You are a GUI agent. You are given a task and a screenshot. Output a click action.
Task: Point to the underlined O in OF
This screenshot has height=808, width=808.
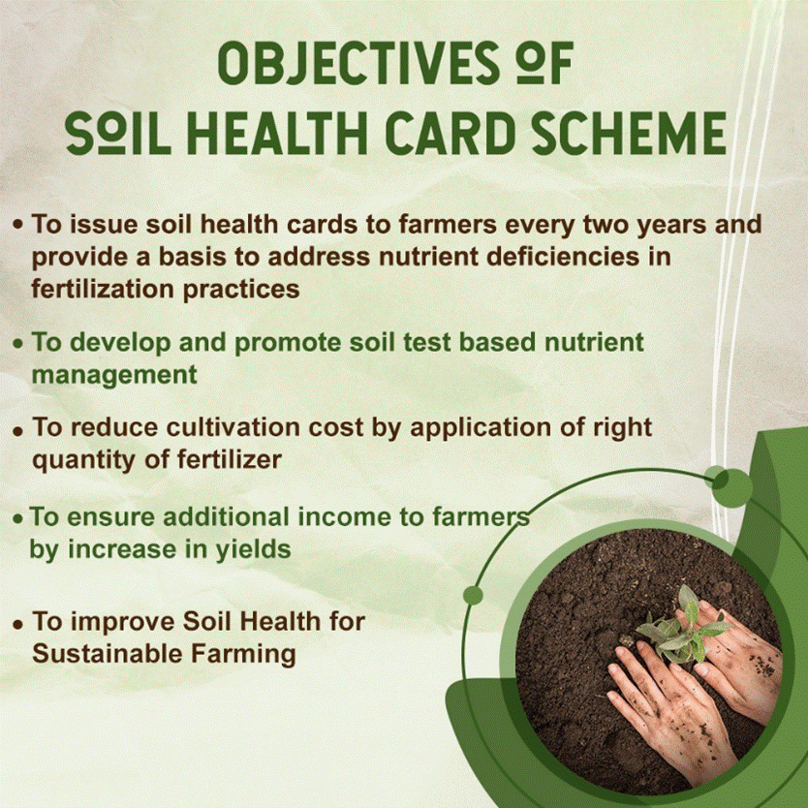[x=531, y=62]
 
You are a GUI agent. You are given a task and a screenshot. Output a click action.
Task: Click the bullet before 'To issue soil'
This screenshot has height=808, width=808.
[x=18, y=225]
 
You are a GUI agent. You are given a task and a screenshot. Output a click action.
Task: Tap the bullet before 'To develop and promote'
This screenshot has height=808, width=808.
[x=18, y=343]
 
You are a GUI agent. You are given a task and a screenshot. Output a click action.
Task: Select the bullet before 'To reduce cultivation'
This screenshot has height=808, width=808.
[x=18, y=431]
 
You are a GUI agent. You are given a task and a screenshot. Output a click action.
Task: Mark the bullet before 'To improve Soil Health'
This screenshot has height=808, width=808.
[x=18, y=625]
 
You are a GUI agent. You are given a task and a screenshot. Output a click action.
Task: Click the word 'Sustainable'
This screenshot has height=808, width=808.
[x=108, y=653]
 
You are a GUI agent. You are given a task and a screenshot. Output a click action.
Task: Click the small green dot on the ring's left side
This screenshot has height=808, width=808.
[x=473, y=596]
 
